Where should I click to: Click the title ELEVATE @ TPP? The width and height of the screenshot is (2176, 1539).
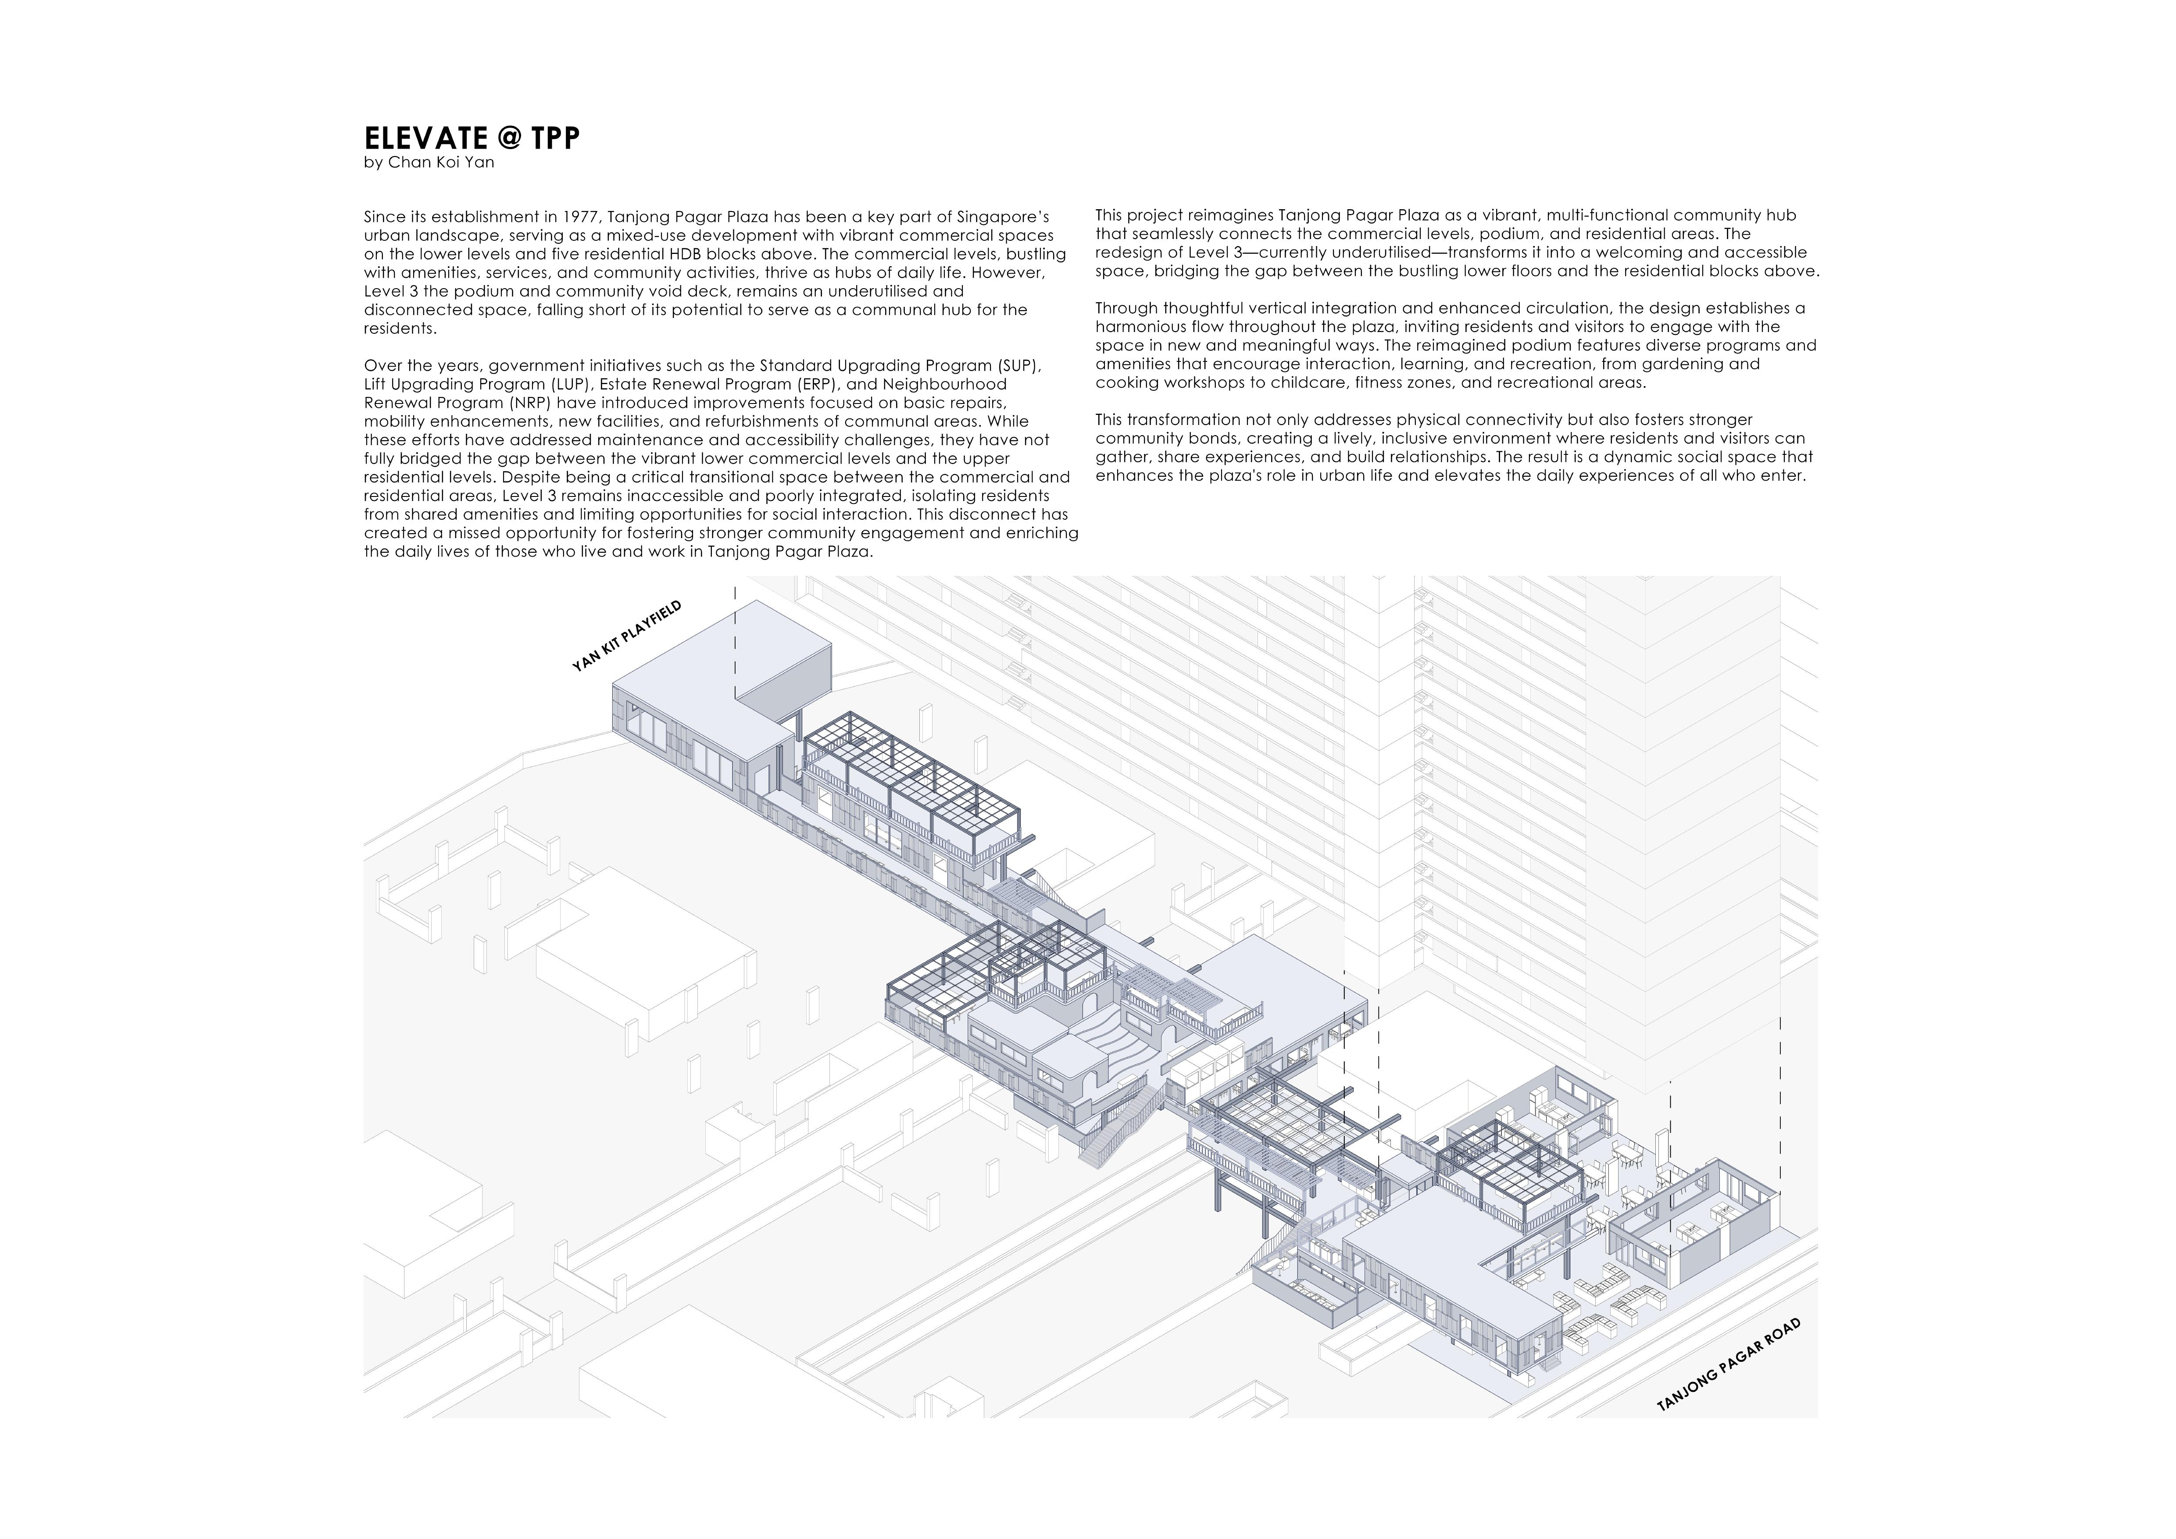(471, 138)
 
